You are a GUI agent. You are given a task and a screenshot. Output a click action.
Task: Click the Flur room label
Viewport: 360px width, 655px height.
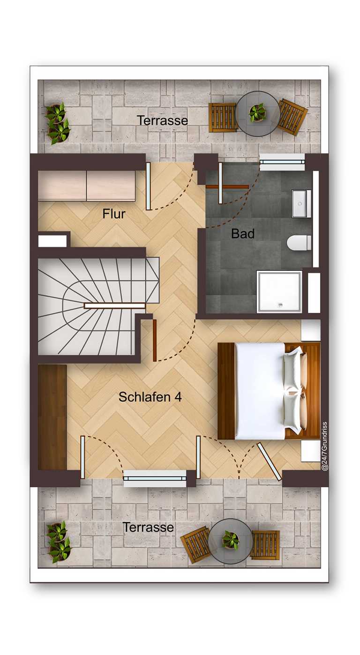coord(114,214)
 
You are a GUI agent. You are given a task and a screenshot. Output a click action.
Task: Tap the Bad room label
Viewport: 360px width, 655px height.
coord(243,234)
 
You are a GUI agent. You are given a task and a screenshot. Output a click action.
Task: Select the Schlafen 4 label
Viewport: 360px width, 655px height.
coord(150,397)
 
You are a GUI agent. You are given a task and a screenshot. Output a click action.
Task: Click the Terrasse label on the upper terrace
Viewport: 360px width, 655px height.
coord(162,120)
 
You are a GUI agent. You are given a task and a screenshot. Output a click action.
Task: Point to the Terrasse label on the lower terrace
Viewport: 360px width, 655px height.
coord(148,527)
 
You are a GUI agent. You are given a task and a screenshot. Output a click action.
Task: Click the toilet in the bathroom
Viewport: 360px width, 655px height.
coord(299,242)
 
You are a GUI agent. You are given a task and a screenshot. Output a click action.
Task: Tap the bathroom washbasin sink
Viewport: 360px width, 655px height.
coord(301,203)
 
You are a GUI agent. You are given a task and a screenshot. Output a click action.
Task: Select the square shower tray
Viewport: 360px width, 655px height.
coord(279,292)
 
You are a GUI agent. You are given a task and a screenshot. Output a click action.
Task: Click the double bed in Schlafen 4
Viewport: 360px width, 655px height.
coord(269,391)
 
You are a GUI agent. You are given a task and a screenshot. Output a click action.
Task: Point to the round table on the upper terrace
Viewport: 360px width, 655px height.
coord(258,113)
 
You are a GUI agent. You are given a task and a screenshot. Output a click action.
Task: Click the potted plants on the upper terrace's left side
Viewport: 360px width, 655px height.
coord(58,123)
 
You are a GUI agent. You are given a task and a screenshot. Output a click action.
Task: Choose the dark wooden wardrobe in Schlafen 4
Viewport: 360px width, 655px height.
coord(52,417)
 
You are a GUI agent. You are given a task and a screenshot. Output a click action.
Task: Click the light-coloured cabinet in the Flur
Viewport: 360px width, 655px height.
coord(87,186)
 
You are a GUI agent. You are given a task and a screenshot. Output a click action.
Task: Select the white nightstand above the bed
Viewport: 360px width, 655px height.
coord(311,330)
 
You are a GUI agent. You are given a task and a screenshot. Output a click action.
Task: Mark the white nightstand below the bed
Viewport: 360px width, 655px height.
coord(311,451)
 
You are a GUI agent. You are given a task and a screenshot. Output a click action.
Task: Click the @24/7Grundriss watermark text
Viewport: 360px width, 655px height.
coord(324,446)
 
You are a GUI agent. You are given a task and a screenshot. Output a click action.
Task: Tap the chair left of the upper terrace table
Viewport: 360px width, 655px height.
coord(223,117)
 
